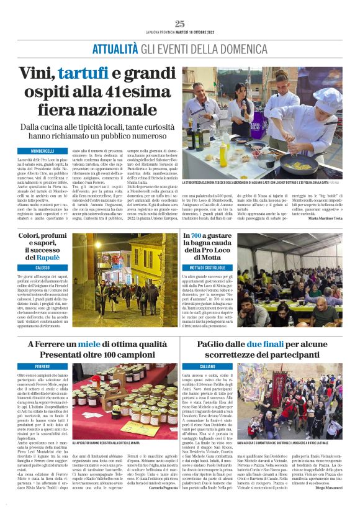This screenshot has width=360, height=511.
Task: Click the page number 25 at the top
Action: [x=180, y=24]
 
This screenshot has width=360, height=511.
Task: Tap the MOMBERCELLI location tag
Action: [x=43, y=151]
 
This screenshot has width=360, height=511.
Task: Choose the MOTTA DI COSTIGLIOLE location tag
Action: [x=208, y=266]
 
